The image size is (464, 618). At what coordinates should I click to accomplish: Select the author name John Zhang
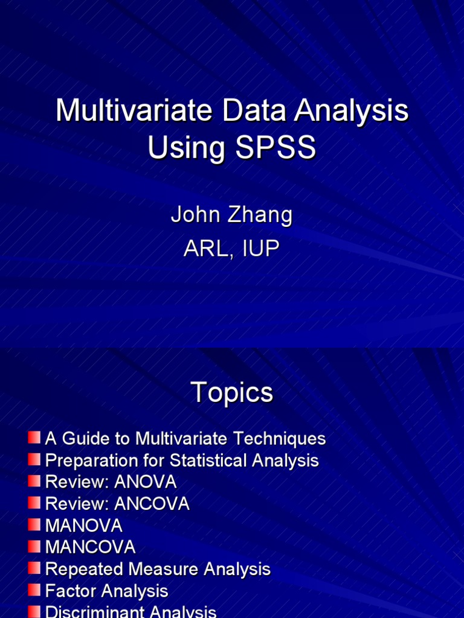[x=231, y=215]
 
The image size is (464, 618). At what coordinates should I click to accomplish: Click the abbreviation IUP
[x=261, y=248]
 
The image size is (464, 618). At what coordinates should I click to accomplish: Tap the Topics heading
[x=232, y=393]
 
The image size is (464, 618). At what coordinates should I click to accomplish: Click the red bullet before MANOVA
[x=34, y=524]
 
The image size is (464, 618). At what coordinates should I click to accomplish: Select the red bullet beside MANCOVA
[x=34, y=546]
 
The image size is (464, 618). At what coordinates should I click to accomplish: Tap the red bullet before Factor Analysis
[x=34, y=590]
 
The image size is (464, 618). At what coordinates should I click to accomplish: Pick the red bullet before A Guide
[x=34, y=438]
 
